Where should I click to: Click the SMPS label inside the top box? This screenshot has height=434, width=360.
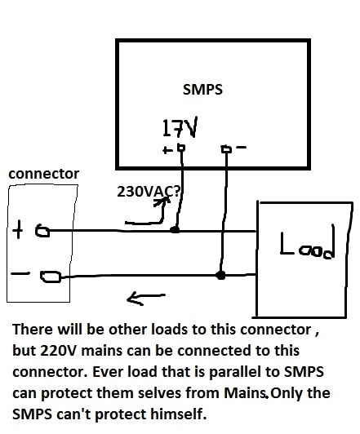pos(202,90)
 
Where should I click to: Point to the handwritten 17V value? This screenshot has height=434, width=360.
pos(180,127)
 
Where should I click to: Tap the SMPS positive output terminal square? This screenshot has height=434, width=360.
pos(181,148)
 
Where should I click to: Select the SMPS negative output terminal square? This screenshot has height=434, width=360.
pos(226,149)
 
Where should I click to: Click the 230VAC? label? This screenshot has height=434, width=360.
pos(149,191)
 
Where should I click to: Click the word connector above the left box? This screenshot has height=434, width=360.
pos(44,174)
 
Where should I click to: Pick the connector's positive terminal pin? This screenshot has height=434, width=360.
pos(42,231)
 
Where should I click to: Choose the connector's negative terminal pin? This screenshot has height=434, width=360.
pos(51,277)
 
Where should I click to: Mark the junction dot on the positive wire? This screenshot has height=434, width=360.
pos(175,229)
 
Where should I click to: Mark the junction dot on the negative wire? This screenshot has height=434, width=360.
pos(220,275)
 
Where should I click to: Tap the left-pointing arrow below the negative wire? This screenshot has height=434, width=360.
pos(146,298)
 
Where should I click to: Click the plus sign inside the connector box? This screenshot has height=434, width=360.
pos(18,229)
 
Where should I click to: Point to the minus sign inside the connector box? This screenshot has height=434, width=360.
pos(20,274)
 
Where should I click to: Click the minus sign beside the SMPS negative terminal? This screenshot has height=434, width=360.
pos(241,148)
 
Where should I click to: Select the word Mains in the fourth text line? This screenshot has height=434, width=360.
pos(245,392)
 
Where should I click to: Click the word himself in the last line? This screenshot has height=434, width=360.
pos(178,414)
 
